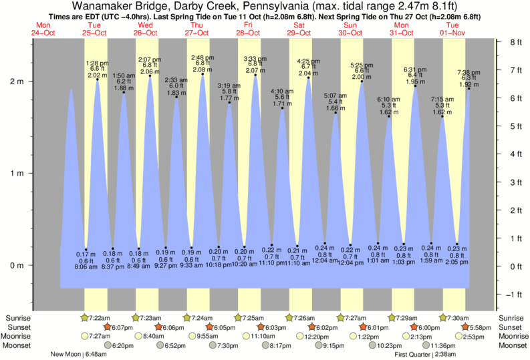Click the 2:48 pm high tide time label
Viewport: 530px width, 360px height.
pos(202,57)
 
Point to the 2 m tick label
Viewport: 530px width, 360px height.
pos(17,81)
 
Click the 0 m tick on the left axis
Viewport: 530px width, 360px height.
pos(17,266)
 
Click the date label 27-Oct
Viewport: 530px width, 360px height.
pos(196,33)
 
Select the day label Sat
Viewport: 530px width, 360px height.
pos(299,25)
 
